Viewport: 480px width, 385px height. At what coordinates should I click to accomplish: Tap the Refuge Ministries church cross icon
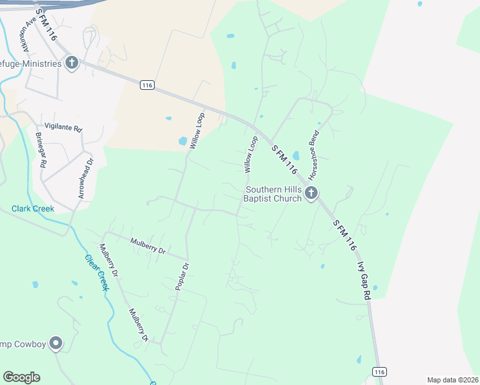coord(72,63)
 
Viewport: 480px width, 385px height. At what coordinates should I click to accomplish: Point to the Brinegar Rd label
coord(40,150)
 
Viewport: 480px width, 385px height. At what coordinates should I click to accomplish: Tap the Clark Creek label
coord(33,209)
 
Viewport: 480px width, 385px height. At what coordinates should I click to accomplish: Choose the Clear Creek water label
coord(97,273)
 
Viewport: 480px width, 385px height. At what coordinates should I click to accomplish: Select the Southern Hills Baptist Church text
coord(272,194)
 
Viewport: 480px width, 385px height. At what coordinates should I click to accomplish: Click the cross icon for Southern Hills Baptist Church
coord(311,193)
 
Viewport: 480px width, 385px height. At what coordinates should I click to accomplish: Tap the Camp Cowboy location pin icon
coord(56,344)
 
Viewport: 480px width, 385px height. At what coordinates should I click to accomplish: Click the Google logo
coord(21,377)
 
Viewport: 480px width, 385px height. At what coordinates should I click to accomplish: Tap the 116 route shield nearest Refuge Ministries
coord(147,85)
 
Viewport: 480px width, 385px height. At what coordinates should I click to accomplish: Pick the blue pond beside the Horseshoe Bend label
coord(296,155)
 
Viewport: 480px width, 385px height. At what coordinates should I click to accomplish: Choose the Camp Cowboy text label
coord(23,345)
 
